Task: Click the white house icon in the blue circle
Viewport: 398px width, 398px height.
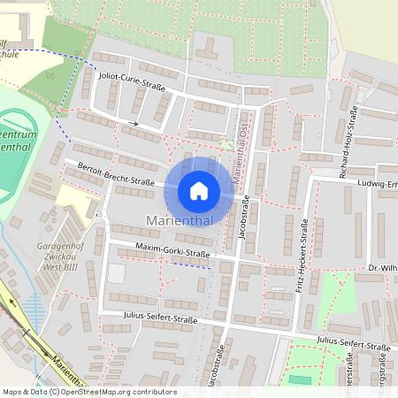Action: click(199, 191)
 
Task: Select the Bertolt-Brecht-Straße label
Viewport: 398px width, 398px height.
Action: click(116, 174)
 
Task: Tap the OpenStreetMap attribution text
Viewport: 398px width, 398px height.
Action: click(88, 391)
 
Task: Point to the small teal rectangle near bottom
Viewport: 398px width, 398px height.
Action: click(301, 379)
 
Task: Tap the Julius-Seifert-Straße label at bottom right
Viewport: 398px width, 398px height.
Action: click(353, 345)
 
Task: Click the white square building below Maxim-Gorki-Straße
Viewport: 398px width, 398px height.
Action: click(116, 274)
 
